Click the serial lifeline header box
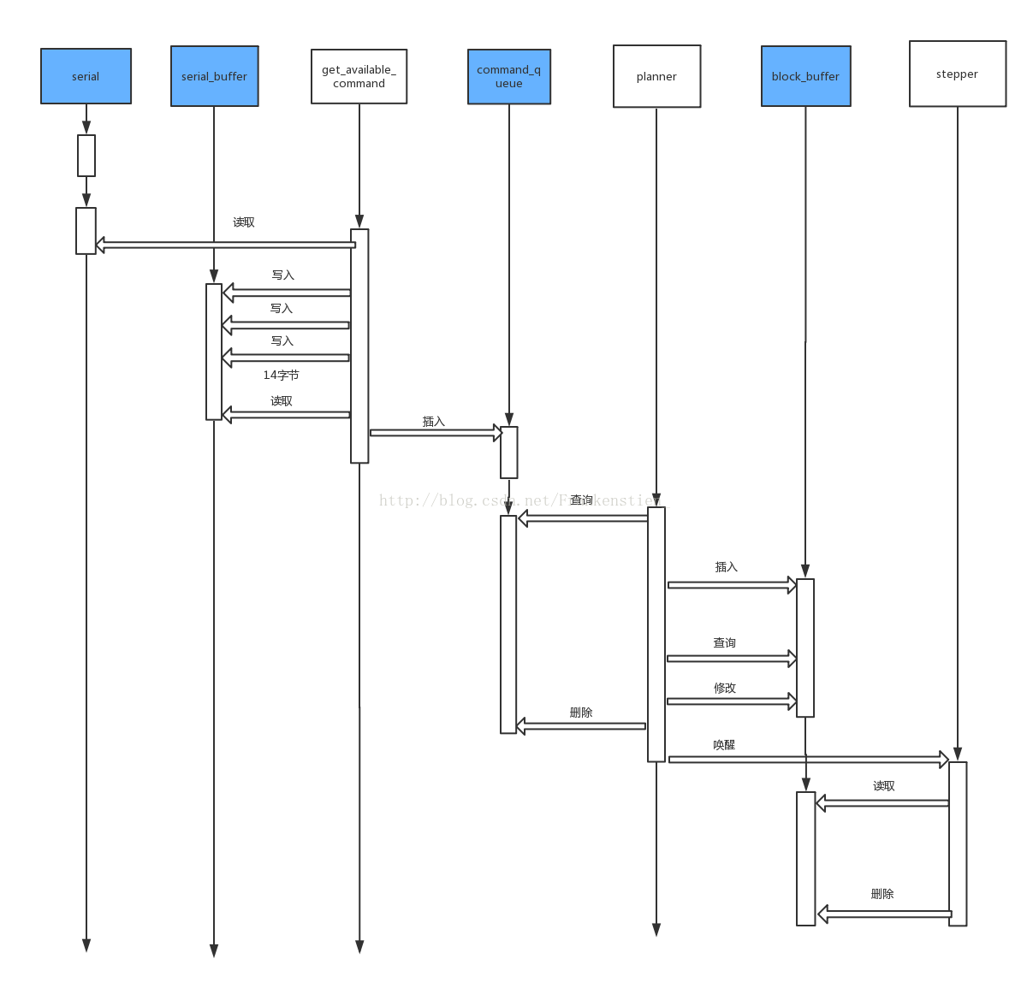(x=86, y=76)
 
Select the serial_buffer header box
(x=214, y=76)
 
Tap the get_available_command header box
(x=359, y=76)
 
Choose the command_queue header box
(x=508, y=76)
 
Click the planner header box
(x=656, y=76)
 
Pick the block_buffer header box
(x=805, y=76)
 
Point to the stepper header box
(x=957, y=74)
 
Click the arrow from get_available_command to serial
(x=226, y=245)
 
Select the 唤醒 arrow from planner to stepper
(x=808, y=759)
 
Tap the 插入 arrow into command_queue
(x=436, y=433)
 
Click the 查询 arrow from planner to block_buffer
(x=732, y=659)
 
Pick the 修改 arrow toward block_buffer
(x=732, y=701)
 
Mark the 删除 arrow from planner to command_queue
(x=581, y=726)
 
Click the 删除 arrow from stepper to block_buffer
(x=885, y=914)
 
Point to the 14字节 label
(x=281, y=375)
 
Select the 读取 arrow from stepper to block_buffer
(x=883, y=803)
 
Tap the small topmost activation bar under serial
(x=86, y=156)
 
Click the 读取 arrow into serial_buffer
(x=287, y=415)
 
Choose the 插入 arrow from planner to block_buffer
(x=732, y=585)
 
